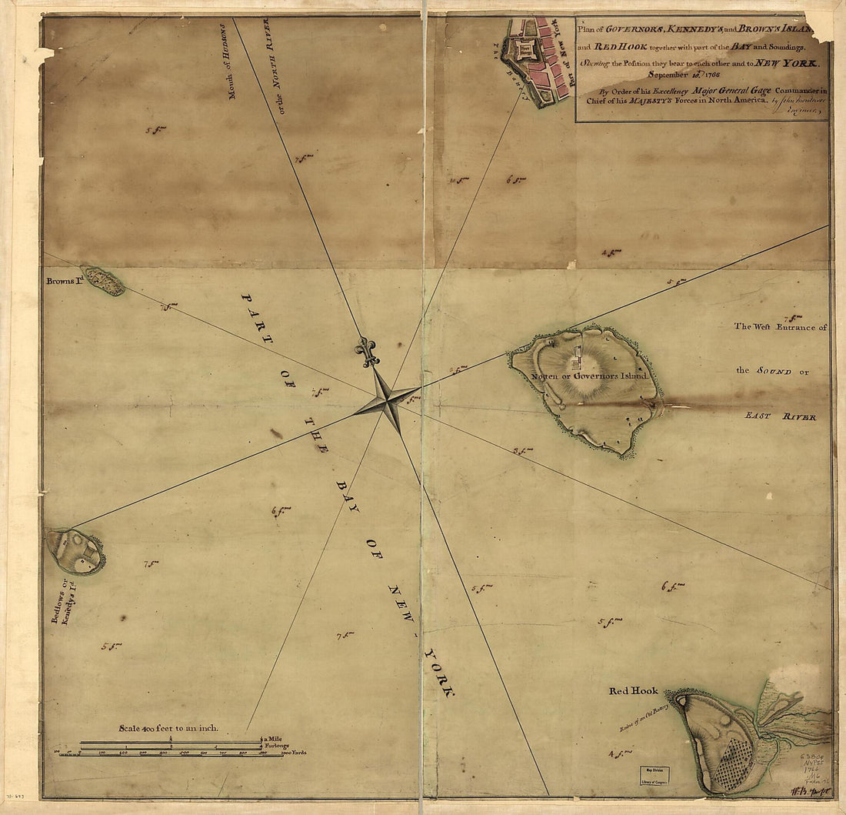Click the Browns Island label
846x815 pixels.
(x=63, y=281)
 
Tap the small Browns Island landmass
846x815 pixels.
(x=104, y=281)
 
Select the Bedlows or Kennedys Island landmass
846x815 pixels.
(x=75, y=551)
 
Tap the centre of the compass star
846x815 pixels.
(x=388, y=400)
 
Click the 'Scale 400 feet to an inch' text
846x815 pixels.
(x=168, y=727)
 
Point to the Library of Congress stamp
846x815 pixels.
(x=653, y=777)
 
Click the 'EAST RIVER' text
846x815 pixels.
(x=780, y=416)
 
